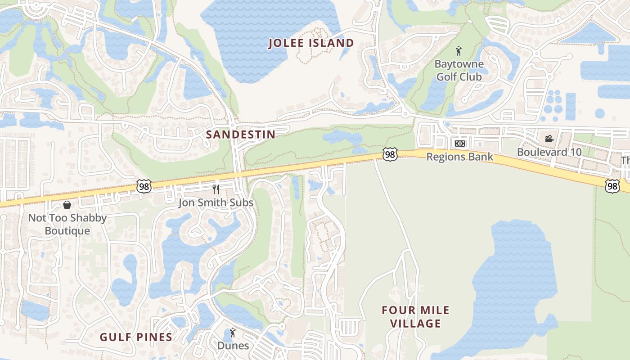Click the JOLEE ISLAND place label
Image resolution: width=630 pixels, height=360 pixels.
coord(311,43)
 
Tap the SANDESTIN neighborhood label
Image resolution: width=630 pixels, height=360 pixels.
coord(240,134)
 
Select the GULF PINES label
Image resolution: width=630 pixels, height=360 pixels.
coord(136,337)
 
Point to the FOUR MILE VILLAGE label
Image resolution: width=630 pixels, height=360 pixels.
coord(415,317)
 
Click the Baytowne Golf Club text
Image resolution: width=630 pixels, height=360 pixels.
coord(459,70)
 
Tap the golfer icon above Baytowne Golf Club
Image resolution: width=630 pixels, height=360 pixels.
coord(459,51)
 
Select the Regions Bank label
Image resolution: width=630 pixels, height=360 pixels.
coord(459,157)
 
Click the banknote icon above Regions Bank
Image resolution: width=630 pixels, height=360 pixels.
coord(459,144)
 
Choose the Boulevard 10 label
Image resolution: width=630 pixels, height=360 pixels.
coord(549,152)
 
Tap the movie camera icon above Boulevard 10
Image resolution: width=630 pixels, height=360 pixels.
coord(549,139)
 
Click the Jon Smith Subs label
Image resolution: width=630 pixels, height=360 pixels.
coord(216,202)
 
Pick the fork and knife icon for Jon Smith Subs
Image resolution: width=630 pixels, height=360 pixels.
coord(216,189)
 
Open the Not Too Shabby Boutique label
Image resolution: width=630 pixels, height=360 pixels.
coord(67,224)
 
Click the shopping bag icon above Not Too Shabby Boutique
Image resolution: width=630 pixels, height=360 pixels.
coord(67,205)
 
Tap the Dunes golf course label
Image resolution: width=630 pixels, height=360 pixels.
coord(233,346)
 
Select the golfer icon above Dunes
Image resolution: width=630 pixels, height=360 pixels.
coord(233,333)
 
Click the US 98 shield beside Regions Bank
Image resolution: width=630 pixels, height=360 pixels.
coord(390,154)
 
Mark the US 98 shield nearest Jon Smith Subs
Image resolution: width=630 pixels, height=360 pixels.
coord(144,186)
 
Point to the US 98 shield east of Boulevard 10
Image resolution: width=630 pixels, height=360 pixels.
coord(612,186)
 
